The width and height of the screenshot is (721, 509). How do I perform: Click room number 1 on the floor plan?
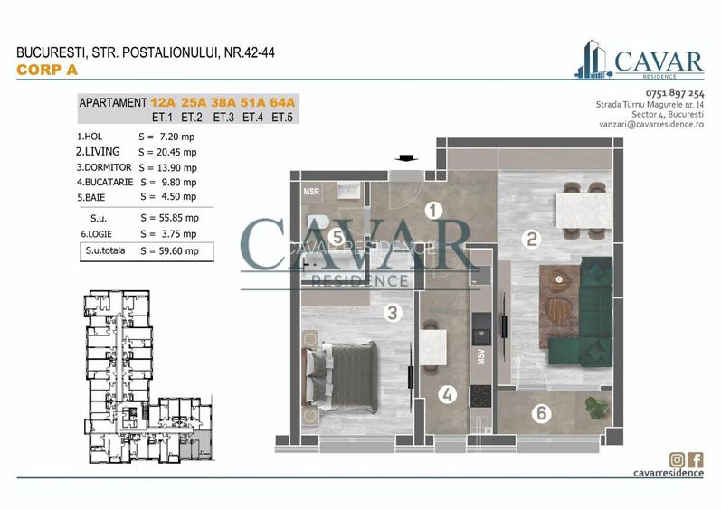click(433, 212)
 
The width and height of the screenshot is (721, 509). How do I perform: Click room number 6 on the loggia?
click(541, 414)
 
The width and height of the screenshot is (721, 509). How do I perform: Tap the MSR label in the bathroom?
click(310, 192)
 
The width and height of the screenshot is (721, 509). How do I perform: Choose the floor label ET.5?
click(282, 118)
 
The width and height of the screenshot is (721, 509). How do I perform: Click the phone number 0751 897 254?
click(674, 93)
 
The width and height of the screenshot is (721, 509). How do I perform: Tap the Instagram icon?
click(676, 459)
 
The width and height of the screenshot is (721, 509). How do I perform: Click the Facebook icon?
click(696, 459)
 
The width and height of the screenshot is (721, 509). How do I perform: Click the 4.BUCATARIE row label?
click(105, 182)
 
